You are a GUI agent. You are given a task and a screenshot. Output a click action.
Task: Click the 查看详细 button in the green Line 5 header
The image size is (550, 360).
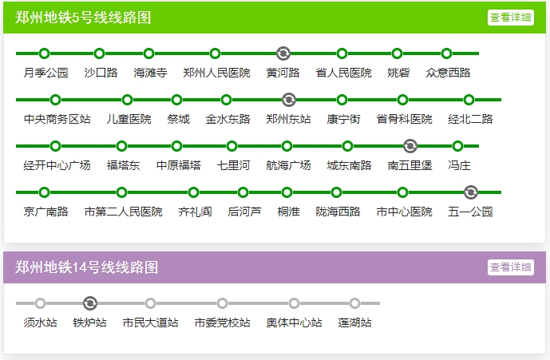click(x=511, y=18)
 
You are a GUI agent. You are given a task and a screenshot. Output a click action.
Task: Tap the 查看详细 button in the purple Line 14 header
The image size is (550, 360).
click(x=511, y=267)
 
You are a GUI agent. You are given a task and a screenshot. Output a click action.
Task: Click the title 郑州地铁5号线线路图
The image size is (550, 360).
click(x=83, y=18)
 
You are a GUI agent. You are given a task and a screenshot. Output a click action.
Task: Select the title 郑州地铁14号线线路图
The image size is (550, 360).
click(x=87, y=267)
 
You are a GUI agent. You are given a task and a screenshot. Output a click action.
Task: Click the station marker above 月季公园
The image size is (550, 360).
click(x=45, y=53)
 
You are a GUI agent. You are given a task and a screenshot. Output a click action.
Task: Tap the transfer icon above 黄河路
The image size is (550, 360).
click(x=283, y=53)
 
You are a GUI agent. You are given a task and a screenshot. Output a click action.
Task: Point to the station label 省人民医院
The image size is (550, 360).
click(x=343, y=73)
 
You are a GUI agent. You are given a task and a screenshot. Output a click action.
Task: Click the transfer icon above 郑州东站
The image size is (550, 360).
click(x=289, y=100)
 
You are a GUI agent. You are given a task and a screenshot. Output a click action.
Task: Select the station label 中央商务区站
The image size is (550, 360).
click(x=57, y=119)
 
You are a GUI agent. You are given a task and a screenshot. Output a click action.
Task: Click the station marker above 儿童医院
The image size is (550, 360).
click(x=128, y=100)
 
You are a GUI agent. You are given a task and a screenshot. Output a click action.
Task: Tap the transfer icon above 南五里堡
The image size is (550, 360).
click(x=410, y=146)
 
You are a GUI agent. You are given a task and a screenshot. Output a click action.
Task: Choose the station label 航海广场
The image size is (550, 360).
click(x=288, y=165)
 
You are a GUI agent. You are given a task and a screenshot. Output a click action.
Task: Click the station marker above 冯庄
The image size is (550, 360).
click(x=458, y=146)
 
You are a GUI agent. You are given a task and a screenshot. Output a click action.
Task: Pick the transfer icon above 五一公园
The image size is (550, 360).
click(x=471, y=192)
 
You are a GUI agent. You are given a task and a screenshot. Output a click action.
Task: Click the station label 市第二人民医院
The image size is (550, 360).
click(x=123, y=212)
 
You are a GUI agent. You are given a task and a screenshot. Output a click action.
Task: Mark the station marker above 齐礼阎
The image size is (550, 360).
click(x=194, y=192)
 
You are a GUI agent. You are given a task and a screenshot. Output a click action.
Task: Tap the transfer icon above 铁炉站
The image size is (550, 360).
click(x=90, y=303)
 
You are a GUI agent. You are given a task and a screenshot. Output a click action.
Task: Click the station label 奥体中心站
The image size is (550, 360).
click(x=294, y=322)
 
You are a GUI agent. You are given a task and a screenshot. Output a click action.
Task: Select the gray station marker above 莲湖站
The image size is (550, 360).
click(x=354, y=303)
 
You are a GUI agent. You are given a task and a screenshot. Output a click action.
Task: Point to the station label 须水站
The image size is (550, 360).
click(x=41, y=322)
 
